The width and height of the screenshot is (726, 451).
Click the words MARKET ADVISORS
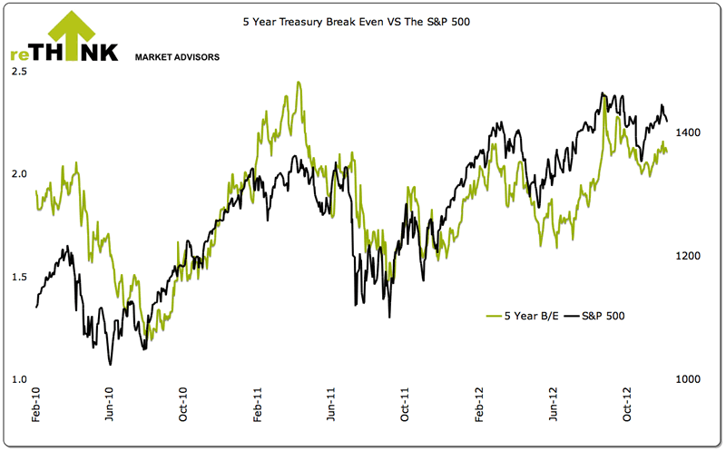[x=177, y=56]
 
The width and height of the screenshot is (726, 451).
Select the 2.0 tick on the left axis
[x=18, y=173]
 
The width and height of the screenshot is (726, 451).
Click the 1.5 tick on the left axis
[x=18, y=277]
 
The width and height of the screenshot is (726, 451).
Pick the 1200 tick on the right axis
[x=686, y=256]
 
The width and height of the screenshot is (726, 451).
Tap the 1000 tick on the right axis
[x=686, y=379]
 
